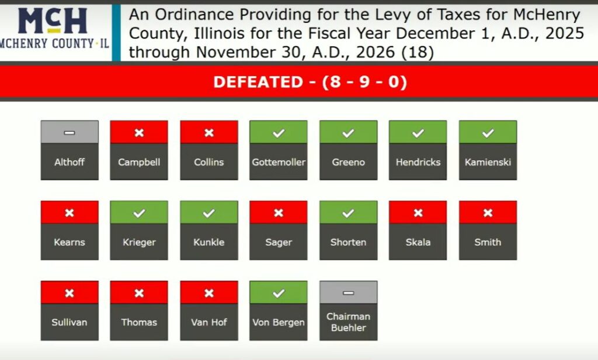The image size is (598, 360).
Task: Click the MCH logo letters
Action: tap(53, 20)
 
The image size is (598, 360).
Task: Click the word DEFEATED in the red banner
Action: tap(258, 82)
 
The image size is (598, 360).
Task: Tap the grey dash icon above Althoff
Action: tap(69, 133)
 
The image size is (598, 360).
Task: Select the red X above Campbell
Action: tap(139, 133)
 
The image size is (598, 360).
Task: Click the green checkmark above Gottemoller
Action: tap(279, 133)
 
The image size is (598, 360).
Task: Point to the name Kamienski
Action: tap(488, 162)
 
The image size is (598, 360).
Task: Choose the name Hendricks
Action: tap(418, 162)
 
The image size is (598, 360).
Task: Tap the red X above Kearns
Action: tap(69, 213)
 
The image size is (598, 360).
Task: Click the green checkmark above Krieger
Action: tap(139, 213)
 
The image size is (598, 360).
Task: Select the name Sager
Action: tap(279, 243)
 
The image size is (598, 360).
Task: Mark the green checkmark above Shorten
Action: tap(348, 213)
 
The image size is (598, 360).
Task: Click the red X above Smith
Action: tap(488, 213)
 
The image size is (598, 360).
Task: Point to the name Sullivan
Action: tap(69, 323)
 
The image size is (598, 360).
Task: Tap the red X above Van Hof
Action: tap(209, 293)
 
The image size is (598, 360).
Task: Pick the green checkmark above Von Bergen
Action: tap(279, 293)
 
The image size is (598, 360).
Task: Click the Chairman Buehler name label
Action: tap(348, 322)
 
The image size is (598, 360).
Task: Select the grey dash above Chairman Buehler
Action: tap(348, 293)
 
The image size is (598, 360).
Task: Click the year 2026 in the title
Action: tap(376, 52)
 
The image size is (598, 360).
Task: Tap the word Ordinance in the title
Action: tap(194, 15)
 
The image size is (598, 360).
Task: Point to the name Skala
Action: tap(418, 243)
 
